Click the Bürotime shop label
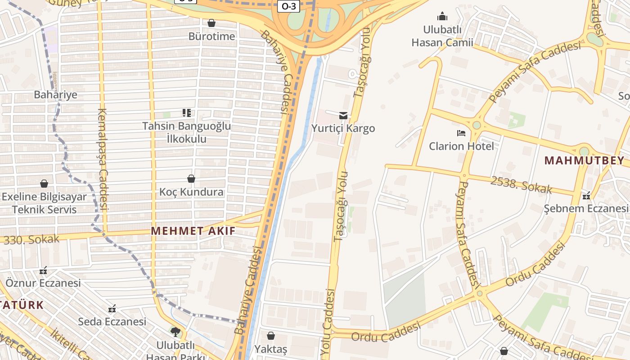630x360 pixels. click(211, 36)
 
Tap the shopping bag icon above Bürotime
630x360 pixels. click(211, 23)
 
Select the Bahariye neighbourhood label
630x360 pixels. click(55, 95)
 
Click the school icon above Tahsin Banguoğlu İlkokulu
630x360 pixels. click(187, 112)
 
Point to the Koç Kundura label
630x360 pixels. click(191, 192)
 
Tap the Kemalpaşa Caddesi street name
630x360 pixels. click(103, 160)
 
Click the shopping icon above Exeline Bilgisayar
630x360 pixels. click(44, 184)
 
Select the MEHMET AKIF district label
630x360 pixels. click(193, 231)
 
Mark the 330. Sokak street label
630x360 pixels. click(31, 239)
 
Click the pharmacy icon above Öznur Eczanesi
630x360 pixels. click(43, 270)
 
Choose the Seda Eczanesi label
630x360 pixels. click(112, 322)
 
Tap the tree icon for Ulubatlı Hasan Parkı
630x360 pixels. click(175, 332)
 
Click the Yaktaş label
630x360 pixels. click(270, 349)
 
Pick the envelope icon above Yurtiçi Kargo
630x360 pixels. click(343, 116)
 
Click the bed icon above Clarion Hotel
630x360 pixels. click(461, 133)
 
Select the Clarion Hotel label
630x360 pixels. click(461, 146)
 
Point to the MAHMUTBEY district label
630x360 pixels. click(584, 161)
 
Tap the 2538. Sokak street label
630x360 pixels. click(521, 185)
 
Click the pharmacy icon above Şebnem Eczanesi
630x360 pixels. click(586, 196)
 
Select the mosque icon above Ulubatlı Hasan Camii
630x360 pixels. click(442, 17)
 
